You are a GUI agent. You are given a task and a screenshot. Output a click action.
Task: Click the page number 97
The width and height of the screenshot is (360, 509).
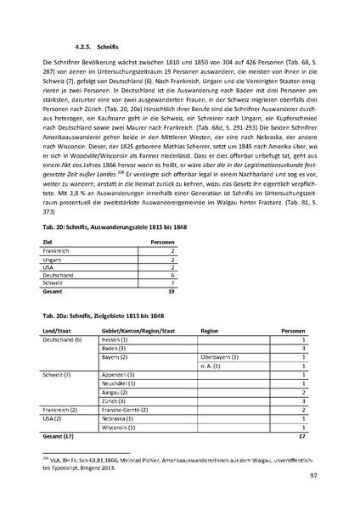pyautogui.click(x=314, y=478)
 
